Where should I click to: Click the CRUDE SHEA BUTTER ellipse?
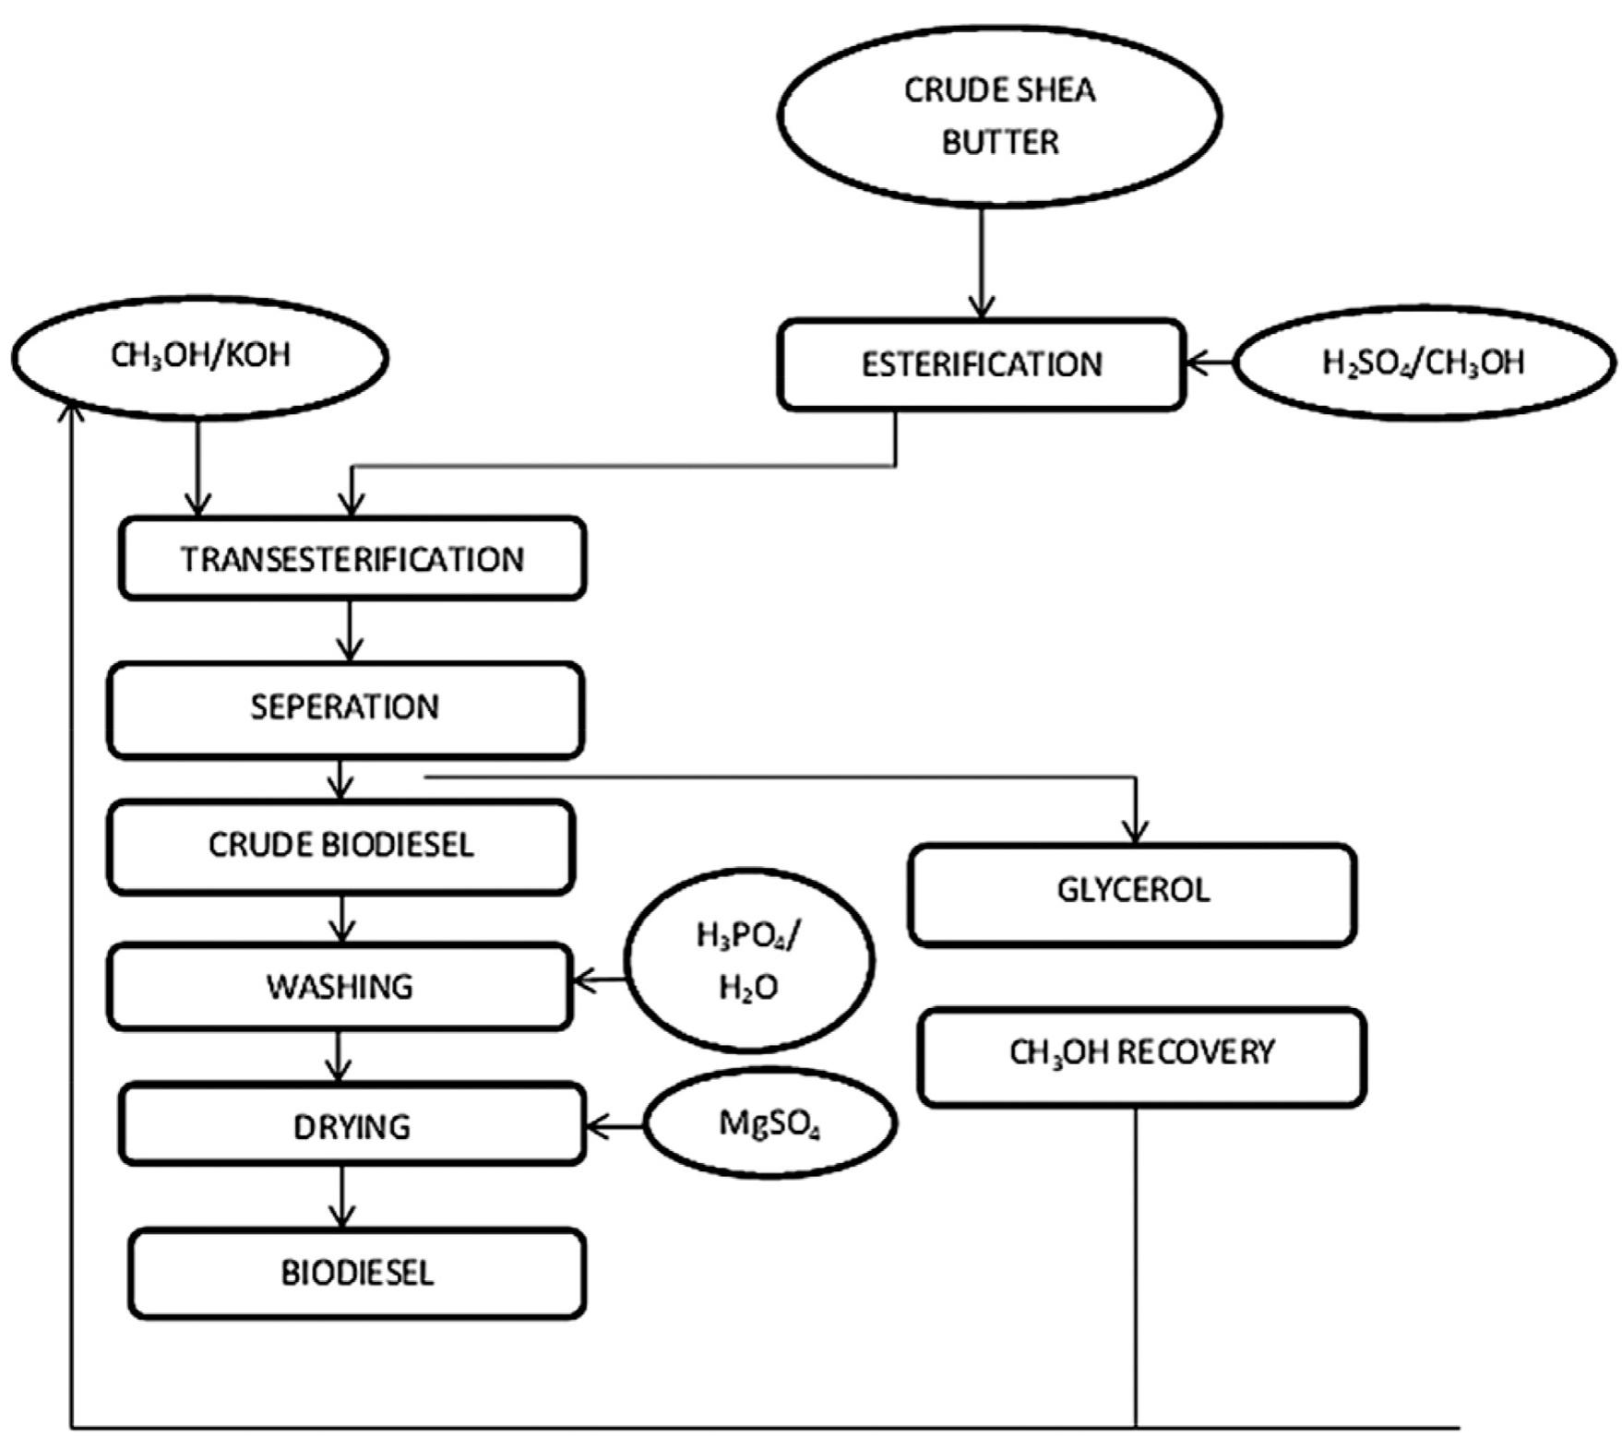point(999,116)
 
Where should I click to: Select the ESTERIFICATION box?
point(981,364)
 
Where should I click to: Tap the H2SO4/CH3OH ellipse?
point(1424,362)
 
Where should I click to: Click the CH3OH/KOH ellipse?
point(200,356)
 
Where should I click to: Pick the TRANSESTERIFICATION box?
point(352,559)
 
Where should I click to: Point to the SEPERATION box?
point(345,708)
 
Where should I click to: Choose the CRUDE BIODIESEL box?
point(340,846)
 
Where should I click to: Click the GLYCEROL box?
point(1132,893)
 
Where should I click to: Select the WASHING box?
point(340,986)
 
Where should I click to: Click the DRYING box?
point(352,1125)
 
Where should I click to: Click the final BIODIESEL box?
point(357,1273)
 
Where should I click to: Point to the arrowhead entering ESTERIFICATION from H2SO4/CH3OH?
point(1194,362)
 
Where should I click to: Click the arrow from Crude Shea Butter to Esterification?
point(981,263)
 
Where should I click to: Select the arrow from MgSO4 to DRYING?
point(615,1125)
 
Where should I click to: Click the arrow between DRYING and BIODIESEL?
point(342,1196)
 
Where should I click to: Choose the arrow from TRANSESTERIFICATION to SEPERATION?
point(349,631)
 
